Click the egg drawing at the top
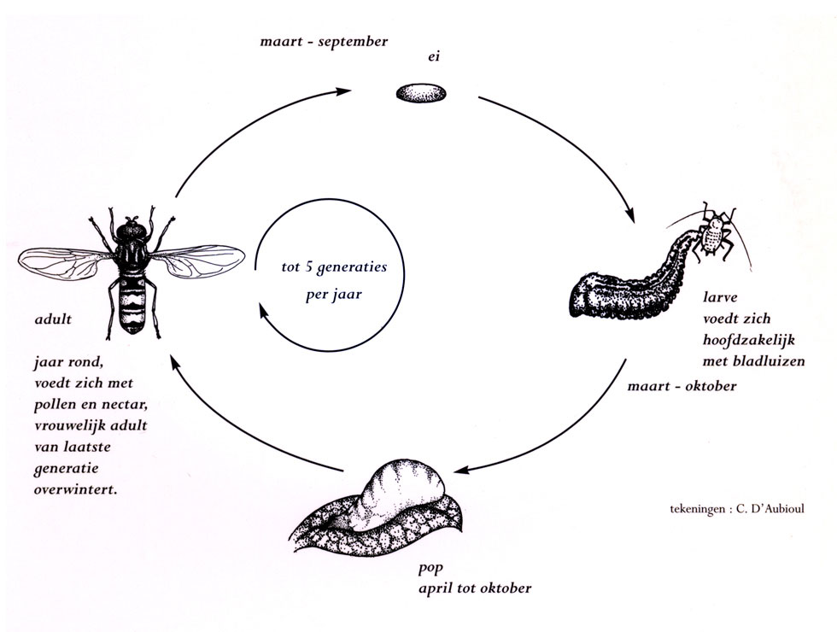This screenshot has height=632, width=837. pos(421,93)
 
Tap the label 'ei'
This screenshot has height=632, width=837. pos(434,56)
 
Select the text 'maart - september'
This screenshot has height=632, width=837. pos(324,42)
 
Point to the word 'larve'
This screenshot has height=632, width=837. pos(720,297)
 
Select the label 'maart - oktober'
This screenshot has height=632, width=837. pos(682,386)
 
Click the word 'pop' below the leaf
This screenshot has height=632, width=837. pos(430,569)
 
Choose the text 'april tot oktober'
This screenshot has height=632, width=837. pos(475,588)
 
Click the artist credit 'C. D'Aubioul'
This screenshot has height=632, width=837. pos(770,509)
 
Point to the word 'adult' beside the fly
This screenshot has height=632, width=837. pos(53,319)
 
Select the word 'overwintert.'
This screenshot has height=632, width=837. pos(75,489)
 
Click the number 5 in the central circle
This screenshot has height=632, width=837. pos(308,266)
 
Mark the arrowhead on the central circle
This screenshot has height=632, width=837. pos(263,311)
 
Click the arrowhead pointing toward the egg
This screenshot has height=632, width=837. pos(343,91)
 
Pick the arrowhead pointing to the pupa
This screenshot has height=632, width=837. pos(461,471)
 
